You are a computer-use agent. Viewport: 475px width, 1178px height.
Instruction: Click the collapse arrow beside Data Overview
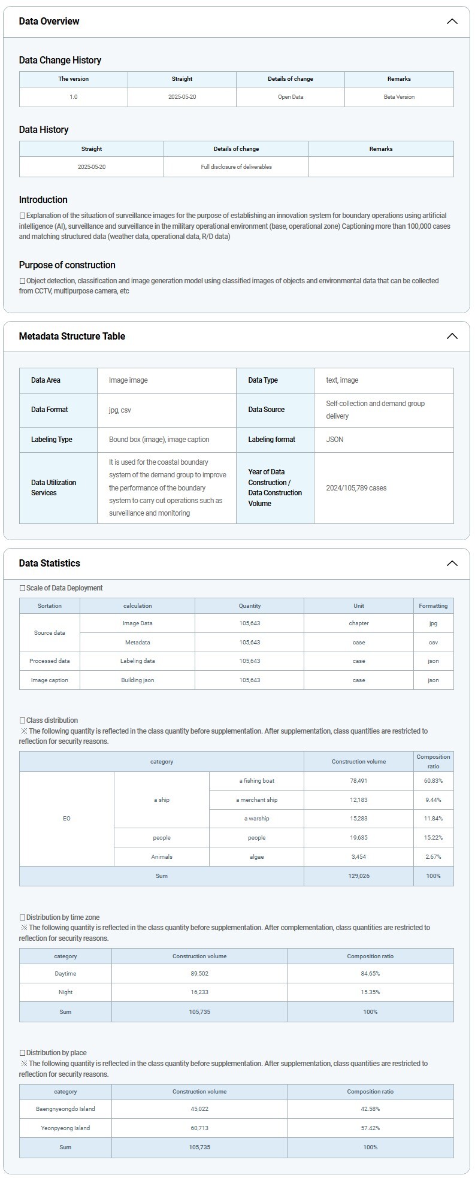(452, 22)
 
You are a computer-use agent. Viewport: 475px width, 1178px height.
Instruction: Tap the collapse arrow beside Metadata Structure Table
(452, 336)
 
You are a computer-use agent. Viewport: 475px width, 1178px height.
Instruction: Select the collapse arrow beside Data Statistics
(452, 563)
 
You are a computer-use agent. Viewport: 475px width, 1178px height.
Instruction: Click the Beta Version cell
(399, 97)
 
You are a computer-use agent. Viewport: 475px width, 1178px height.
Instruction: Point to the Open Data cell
(291, 97)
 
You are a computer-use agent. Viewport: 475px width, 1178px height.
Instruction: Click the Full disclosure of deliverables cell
(236, 167)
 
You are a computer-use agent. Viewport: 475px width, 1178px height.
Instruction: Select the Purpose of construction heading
(67, 265)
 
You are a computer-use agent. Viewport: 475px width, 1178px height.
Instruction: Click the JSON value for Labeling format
(335, 440)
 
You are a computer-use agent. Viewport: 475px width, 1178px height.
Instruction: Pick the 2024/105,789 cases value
(356, 488)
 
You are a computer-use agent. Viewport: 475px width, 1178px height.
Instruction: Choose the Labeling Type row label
(52, 440)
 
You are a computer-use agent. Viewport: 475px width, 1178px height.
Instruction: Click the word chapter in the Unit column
(359, 623)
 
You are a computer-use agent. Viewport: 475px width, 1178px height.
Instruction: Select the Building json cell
(138, 680)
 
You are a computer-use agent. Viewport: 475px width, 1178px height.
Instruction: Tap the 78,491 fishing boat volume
(359, 781)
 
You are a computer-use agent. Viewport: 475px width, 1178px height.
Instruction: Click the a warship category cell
(256, 819)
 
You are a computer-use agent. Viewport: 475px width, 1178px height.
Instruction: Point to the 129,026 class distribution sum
(359, 876)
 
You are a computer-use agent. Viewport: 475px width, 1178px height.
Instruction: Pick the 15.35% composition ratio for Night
(370, 992)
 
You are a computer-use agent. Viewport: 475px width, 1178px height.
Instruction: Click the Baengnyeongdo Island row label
(65, 1109)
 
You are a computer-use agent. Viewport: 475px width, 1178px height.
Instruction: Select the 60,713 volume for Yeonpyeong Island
(199, 1128)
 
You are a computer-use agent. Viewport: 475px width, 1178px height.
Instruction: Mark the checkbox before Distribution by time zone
(23, 917)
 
